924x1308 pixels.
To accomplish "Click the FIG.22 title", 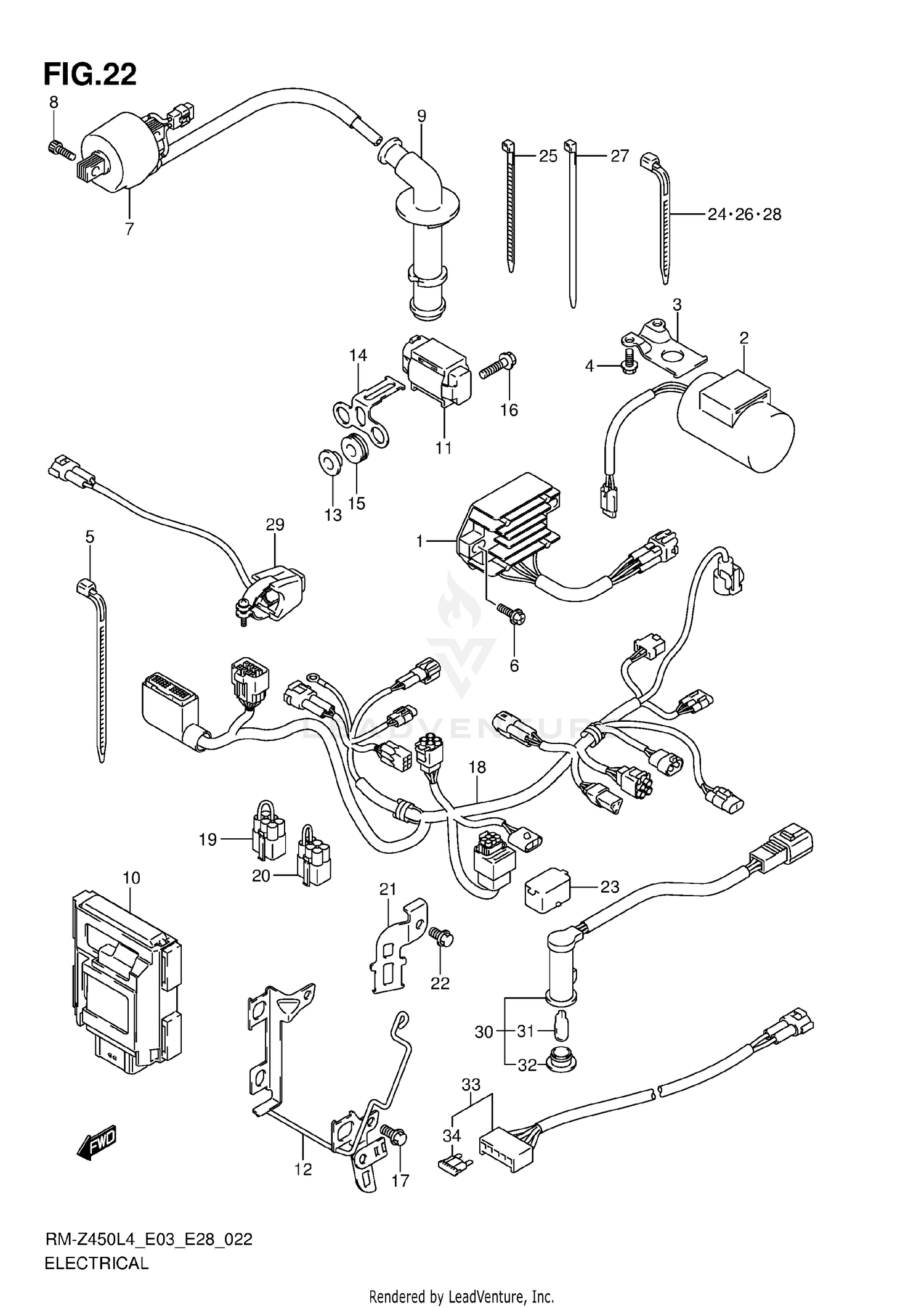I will [x=90, y=75].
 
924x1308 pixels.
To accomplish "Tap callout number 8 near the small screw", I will [x=54, y=102].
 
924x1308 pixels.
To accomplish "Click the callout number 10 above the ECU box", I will [x=131, y=878].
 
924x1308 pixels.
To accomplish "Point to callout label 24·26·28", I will [x=744, y=215].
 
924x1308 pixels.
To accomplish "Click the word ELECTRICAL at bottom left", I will [x=97, y=1263].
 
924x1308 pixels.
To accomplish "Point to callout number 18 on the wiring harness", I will [x=477, y=767].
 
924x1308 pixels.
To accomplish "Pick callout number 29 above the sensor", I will [x=275, y=525].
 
